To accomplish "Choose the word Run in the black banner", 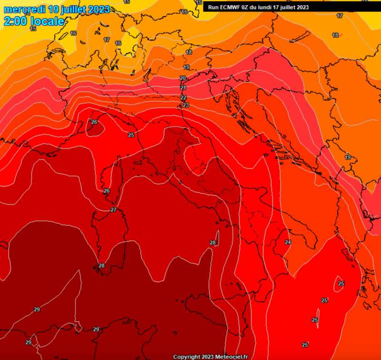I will [214, 7].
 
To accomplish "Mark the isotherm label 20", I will [183, 78].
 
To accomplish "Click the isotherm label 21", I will [183, 88].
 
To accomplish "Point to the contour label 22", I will [183, 97].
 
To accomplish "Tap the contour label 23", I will [186, 105].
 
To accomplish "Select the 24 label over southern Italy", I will [288, 242].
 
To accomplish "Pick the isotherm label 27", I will [113, 210].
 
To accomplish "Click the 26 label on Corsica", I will [107, 191].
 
